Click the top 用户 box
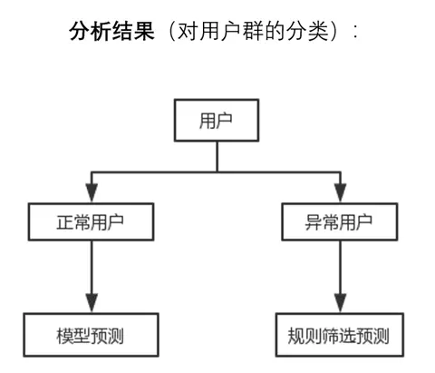216,122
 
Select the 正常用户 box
91,221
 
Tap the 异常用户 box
340,221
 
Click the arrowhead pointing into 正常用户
91,193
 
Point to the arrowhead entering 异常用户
340,193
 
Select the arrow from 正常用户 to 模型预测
91,272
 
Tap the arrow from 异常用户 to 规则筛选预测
340,272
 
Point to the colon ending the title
354,30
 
